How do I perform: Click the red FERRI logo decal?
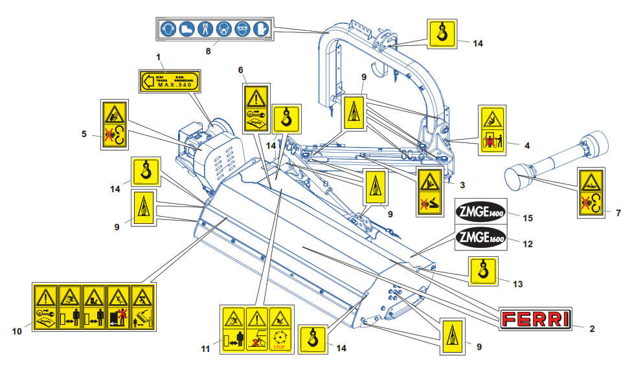[x=537, y=318]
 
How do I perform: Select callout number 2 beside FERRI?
[x=591, y=328]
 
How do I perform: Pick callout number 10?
[x=18, y=331]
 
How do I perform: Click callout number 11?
[x=205, y=349]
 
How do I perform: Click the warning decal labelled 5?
[x=114, y=124]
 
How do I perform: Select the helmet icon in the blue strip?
[x=169, y=29]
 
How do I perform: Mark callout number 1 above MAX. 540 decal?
[x=158, y=58]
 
